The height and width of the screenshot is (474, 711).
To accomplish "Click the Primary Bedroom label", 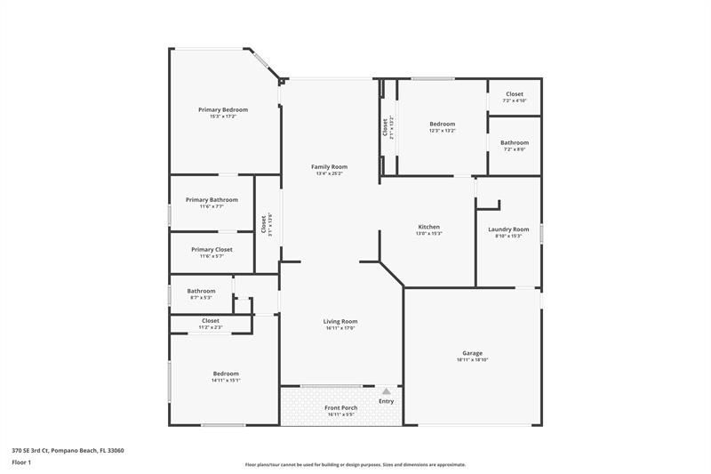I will (223, 109).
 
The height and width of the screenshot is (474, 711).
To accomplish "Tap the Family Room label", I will (329, 166).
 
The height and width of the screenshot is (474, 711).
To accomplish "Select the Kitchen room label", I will (429, 227).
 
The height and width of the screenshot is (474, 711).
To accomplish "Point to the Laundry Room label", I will (508, 229).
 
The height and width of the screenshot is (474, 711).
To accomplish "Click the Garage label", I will (472, 353).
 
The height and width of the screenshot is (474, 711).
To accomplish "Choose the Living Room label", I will (340, 321).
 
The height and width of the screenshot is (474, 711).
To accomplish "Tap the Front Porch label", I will (340, 407).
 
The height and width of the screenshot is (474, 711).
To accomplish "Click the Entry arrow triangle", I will (386, 390).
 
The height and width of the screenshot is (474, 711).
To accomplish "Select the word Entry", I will (386, 401).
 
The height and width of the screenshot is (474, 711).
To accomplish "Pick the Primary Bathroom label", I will (212, 199).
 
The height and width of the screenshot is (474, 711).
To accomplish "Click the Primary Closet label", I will (212, 249).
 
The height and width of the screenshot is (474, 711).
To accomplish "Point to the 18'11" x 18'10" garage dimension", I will (472, 360).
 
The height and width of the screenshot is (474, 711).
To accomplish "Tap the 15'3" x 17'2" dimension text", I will (223, 116).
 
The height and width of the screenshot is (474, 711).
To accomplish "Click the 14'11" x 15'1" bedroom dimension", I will (225, 381).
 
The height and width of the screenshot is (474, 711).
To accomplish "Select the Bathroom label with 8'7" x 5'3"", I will (201, 291).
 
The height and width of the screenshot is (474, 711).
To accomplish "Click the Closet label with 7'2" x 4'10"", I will (515, 93).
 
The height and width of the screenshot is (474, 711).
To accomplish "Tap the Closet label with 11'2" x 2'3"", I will (211, 320).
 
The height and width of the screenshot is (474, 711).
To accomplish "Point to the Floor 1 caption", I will (21, 462).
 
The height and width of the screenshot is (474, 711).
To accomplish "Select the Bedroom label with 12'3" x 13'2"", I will (442, 124).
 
